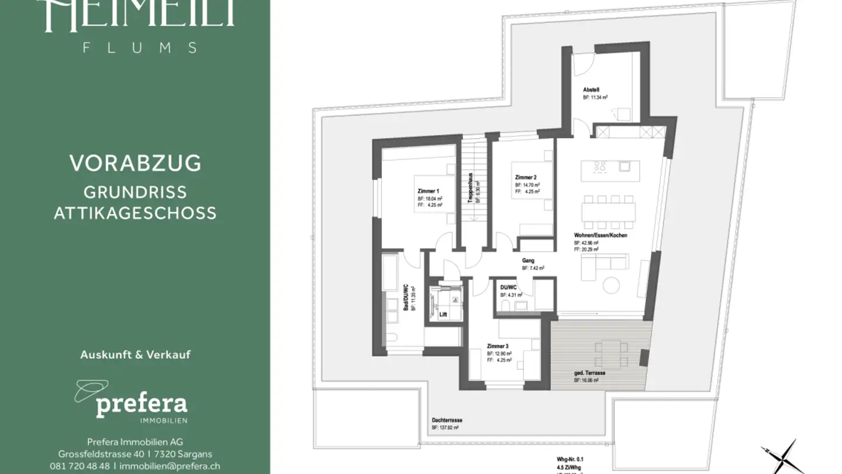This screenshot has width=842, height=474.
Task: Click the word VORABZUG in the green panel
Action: tap(135, 163)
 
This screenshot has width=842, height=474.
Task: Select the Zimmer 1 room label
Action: tap(428, 191)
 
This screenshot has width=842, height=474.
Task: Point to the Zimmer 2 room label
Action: tap(526, 177)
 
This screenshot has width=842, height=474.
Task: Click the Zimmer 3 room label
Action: tap(498, 346)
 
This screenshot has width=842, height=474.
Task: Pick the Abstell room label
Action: tap(591, 90)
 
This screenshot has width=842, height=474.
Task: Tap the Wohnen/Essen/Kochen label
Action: tap(601, 235)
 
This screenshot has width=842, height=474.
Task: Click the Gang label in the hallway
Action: tap(528, 261)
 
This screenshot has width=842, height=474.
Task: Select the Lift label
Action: tap(443, 314)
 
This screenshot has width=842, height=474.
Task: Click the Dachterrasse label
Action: tap(447, 420)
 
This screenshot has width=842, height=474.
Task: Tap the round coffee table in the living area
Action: tap(611, 285)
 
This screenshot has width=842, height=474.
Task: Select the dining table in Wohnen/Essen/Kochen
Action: tap(608, 211)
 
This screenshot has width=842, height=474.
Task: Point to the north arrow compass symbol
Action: tap(779, 456)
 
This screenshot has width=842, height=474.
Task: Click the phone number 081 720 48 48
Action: tap(80, 466)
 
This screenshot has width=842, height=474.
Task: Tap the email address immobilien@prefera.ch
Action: tap(170, 466)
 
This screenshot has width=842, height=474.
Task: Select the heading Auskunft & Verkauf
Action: tap(135, 355)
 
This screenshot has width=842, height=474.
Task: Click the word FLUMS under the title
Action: tap(140, 48)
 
